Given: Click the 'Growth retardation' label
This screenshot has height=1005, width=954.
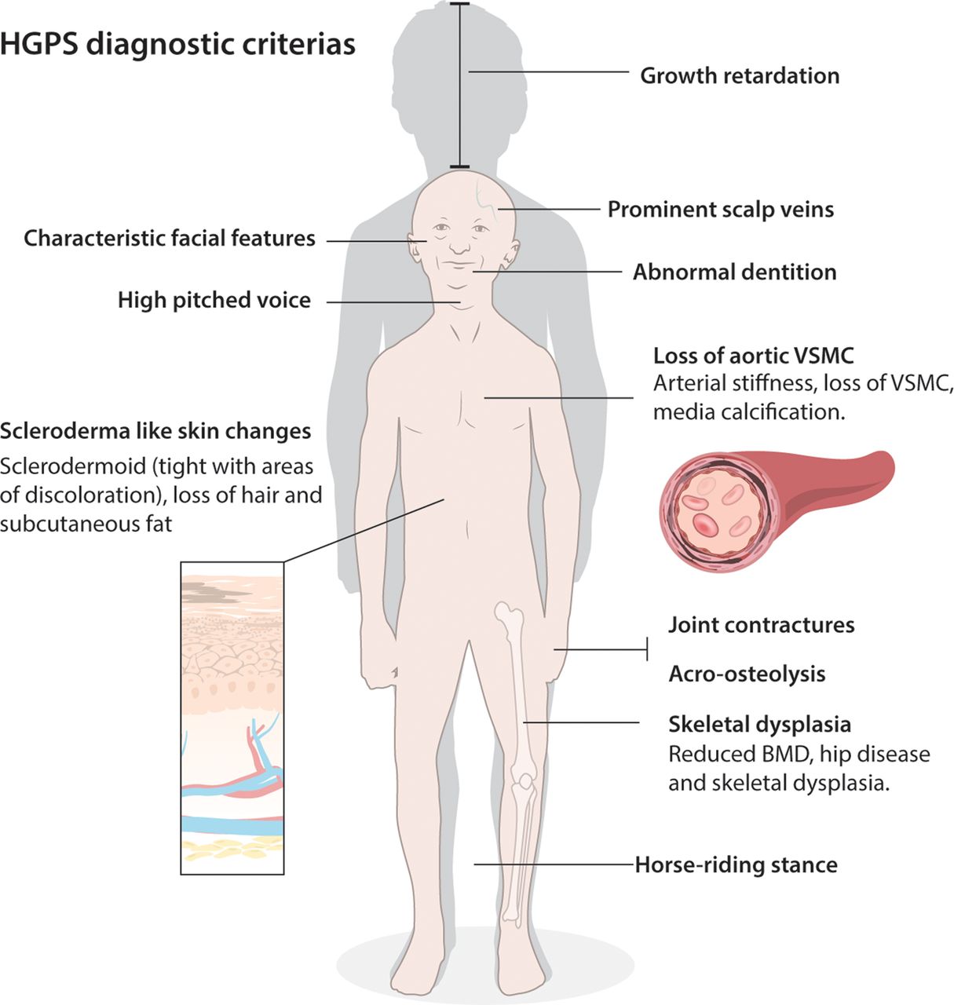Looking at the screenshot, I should click(x=740, y=76).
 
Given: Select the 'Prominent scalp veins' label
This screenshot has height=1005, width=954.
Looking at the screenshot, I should click(x=721, y=210).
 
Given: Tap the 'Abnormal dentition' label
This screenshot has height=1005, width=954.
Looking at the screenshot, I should click(x=735, y=272).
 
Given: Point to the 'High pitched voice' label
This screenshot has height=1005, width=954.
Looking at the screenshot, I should click(x=214, y=300).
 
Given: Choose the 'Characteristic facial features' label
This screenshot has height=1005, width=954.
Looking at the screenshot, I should click(x=170, y=239).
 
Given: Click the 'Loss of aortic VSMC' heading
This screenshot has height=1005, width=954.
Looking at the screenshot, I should click(x=753, y=356).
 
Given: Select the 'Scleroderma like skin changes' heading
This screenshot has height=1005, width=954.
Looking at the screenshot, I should click(x=155, y=431).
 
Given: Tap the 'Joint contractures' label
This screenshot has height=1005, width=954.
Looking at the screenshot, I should click(x=761, y=625).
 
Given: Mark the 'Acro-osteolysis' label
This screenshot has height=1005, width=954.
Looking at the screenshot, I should click(x=747, y=674).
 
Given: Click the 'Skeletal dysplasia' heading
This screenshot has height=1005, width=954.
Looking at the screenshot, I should click(x=759, y=723).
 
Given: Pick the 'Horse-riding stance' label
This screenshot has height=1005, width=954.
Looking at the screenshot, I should click(x=736, y=865).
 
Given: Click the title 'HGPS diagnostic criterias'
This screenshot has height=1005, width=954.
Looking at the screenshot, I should click(x=177, y=44).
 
